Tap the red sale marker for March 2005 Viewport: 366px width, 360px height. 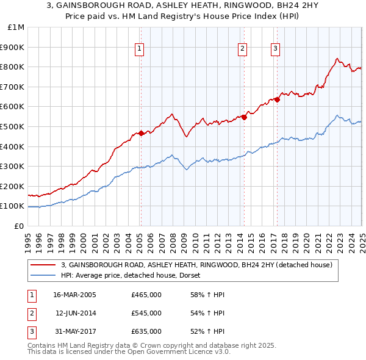pyautogui.click(x=141, y=133)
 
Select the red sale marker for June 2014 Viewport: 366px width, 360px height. pyautogui.click(x=244, y=117)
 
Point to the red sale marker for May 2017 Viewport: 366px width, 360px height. pyautogui.click(x=277, y=99)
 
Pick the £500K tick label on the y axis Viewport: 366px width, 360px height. pyautogui.click(x=12, y=126)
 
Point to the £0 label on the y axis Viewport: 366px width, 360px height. pyautogui.click(x=20, y=226)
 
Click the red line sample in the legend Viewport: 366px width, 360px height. pyautogui.click(x=43, y=265)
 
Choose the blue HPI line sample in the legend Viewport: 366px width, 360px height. pyautogui.click(x=43, y=276)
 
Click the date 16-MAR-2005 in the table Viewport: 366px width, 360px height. pyautogui.click(x=75, y=294)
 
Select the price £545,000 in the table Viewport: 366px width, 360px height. pyautogui.click(x=146, y=313)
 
